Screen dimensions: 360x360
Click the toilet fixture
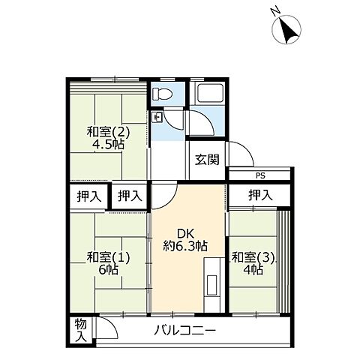pos(161,94)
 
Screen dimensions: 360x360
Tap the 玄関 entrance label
pos(206,159)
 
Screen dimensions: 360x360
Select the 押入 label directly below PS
pos(259,196)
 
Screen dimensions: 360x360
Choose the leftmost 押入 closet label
pos(88,196)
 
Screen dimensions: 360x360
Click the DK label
pos(186,233)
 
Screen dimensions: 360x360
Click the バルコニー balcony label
pos(185,331)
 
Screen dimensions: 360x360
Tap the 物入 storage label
pos(80,331)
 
